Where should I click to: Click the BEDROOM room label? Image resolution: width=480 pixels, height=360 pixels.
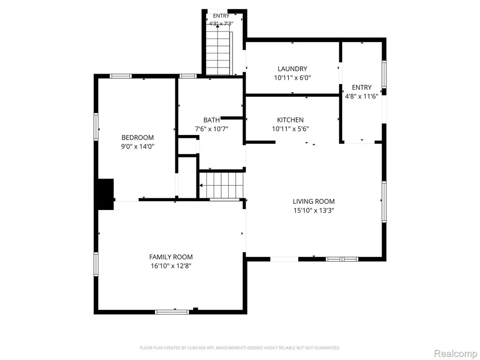click(x=137, y=137)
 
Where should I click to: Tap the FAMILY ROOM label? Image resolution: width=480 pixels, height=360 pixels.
click(x=171, y=257)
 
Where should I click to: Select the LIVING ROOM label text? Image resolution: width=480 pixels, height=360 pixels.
click(x=314, y=201)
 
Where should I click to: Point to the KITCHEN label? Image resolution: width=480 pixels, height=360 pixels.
click(x=290, y=120)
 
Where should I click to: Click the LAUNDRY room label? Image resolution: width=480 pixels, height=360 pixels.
click(x=292, y=69)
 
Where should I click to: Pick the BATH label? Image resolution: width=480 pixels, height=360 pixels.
click(x=211, y=120)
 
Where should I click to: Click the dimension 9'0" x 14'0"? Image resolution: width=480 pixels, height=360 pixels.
click(x=137, y=146)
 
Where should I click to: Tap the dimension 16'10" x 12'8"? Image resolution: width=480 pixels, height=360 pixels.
click(x=171, y=266)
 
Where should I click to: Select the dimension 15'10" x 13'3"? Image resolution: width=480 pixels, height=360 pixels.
click(x=314, y=210)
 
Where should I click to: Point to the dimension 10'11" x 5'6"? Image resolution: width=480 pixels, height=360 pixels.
click(x=290, y=129)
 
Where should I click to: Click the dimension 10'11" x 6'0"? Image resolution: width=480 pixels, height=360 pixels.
click(x=292, y=78)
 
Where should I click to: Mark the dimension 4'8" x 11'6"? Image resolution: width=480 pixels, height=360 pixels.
click(x=361, y=97)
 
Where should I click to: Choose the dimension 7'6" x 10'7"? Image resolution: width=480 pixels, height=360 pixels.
click(x=211, y=129)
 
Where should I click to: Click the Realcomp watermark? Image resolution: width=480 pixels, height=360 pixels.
click(x=456, y=353)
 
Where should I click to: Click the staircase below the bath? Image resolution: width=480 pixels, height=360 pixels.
click(x=222, y=185)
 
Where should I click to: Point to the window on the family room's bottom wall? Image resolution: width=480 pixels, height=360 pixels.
click(x=172, y=312)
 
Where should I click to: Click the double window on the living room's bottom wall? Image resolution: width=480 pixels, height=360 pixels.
click(x=342, y=259)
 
